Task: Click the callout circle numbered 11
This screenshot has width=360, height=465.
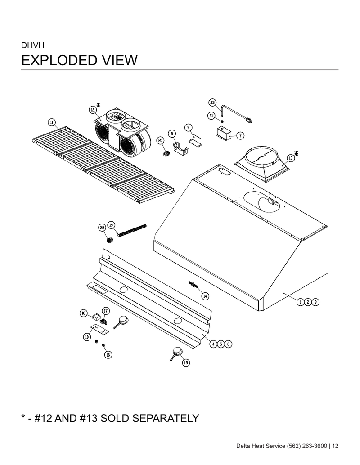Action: (x=52, y=122)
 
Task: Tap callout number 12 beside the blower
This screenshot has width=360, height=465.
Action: (x=93, y=110)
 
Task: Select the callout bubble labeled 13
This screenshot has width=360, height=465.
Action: (x=291, y=158)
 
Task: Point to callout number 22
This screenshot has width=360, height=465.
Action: (x=212, y=103)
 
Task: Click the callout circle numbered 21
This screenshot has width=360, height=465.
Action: (x=211, y=116)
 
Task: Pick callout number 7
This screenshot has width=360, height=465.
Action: (x=240, y=135)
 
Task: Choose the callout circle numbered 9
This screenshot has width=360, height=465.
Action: (x=188, y=128)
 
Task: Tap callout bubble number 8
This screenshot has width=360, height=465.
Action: (x=172, y=134)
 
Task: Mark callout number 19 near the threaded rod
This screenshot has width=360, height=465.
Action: (x=111, y=225)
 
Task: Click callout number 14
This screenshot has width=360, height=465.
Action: (x=205, y=295)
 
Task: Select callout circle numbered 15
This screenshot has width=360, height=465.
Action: (x=186, y=362)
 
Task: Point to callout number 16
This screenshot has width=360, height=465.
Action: (x=108, y=354)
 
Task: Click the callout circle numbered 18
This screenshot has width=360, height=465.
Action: (x=84, y=313)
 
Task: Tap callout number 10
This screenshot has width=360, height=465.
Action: (x=87, y=337)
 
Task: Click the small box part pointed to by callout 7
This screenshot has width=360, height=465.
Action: (x=224, y=132)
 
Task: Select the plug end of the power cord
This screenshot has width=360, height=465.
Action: (x=248, y=120)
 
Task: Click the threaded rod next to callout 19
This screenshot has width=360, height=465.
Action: (x=132, y=231)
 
